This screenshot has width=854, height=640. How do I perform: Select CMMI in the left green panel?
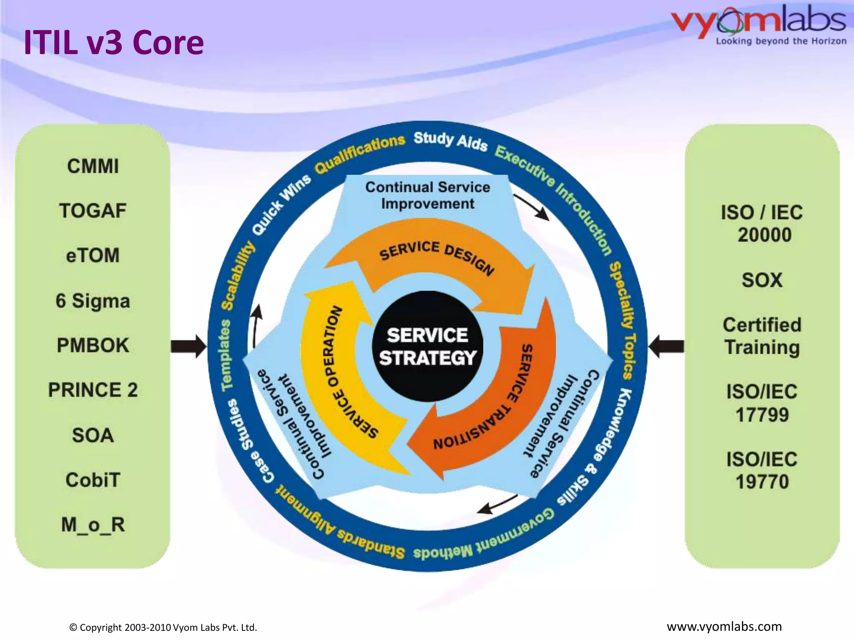pos(93,166)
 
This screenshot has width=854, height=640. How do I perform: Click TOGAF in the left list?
pos(93,211)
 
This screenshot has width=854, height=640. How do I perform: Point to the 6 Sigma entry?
pos(93,301)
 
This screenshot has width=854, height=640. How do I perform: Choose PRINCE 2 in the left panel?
pos(93,390)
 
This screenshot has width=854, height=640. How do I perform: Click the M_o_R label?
pos(93,525)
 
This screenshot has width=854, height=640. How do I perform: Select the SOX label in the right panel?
pos(762,280)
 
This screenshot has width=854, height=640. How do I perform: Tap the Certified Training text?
pos(762,336)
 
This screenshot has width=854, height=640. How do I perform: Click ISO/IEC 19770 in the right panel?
pos(762,470)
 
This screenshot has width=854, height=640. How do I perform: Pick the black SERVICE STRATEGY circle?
pos(427,347)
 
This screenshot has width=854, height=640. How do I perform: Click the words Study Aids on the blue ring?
pos(450,141)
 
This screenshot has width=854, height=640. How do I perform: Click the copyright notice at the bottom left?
pos(163,627)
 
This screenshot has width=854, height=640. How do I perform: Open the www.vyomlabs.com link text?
pos(724,627)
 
